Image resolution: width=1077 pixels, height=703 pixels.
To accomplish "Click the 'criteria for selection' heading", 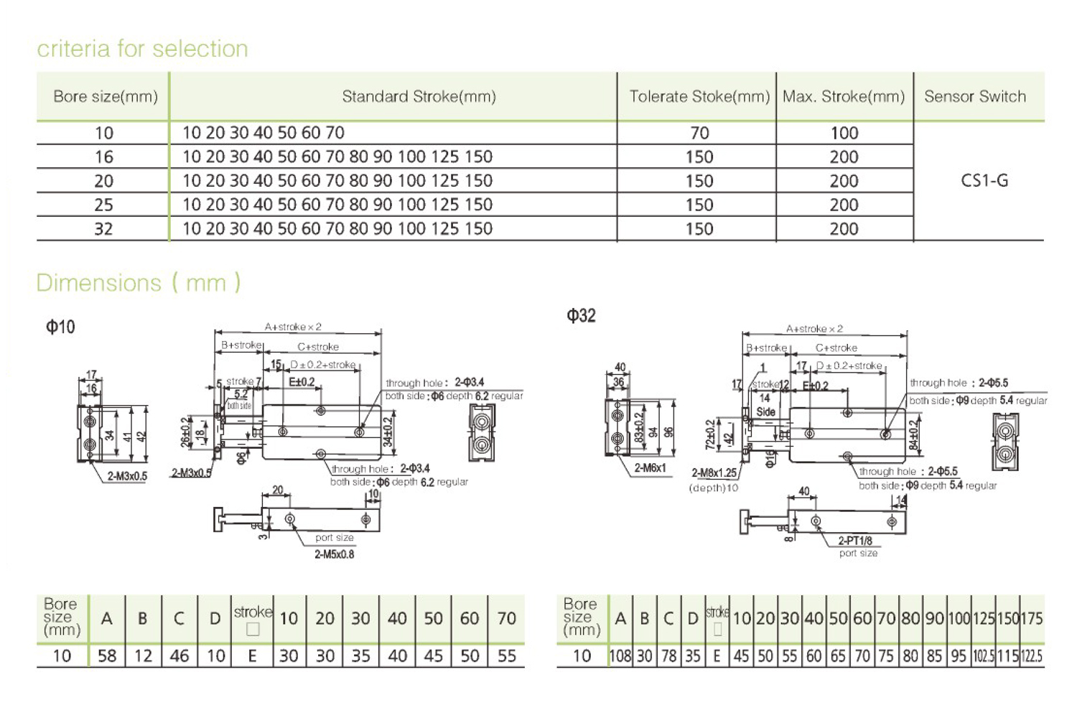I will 142,49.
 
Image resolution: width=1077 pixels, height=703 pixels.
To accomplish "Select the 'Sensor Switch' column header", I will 974,96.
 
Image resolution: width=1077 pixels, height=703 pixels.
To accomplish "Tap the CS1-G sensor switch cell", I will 984,180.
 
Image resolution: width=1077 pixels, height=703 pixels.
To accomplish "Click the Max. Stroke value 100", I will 844,133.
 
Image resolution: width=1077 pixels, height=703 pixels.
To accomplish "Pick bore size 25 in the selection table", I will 103,205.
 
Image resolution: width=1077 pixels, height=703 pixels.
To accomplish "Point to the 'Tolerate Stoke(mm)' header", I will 699,96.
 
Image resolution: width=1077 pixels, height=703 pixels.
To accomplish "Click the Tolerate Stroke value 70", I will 699,133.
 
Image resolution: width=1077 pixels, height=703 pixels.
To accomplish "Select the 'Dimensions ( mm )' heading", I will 139,283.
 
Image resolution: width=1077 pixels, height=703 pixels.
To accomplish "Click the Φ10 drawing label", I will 60,327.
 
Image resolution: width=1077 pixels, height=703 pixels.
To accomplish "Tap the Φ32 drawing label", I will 581,316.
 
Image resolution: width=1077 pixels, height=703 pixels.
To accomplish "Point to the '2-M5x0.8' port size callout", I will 334,554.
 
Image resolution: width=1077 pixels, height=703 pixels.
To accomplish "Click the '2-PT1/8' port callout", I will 855,540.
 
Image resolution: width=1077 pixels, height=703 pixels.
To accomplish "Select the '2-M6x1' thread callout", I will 650,467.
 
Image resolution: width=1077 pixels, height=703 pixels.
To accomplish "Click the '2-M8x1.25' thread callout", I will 714,472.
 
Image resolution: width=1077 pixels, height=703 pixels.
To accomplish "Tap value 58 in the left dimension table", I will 107,656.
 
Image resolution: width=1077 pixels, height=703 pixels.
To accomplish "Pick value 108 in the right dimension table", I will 620,656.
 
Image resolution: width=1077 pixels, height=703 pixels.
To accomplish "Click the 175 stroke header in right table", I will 1031,618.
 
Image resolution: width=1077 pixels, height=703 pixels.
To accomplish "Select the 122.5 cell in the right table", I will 1031,656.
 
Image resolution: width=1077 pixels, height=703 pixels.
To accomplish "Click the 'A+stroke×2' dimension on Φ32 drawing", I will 814,329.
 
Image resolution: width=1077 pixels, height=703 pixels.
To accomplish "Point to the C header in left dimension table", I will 179,618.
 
